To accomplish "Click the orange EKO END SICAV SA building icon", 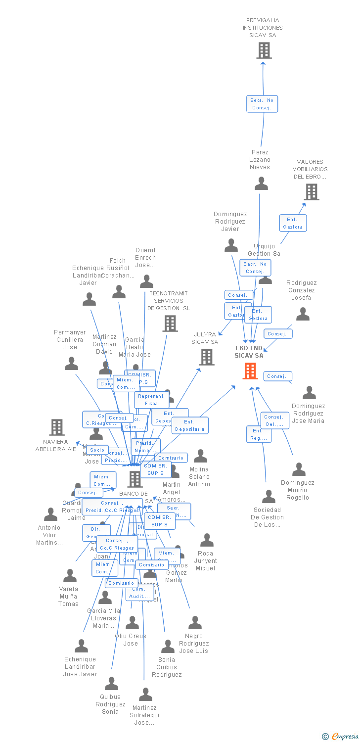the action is tap(250, 371).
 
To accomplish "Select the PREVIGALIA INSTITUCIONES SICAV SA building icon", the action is tap(264, 50).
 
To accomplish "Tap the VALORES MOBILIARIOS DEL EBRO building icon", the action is tap(311, 192).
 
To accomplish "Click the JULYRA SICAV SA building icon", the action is tap(207, 357).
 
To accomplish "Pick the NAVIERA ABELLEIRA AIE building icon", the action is tap(57, 427).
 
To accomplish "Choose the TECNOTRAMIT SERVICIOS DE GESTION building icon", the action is tap(170, 324).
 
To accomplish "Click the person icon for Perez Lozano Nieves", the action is tap(261, 184).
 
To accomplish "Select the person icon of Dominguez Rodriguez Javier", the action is tap(231, 245).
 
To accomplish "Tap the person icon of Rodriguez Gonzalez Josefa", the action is tap(303, 314).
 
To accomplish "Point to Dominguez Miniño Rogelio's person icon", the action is tap(299, 469).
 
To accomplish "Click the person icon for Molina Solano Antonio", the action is tap(200, 456).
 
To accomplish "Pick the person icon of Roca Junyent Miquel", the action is tap(207, 540).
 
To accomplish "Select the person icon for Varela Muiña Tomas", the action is tap(70, 576).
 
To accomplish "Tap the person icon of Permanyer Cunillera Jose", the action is tap(72, 364).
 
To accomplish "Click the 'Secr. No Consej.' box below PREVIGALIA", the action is tap(262, 104).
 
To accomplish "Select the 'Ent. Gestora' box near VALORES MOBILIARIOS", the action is tap(293, 223).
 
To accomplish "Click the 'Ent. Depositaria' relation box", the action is tap(190, 425).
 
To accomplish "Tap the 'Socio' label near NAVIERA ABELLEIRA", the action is tap(97, 450).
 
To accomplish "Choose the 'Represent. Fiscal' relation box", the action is tap(151, 400).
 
